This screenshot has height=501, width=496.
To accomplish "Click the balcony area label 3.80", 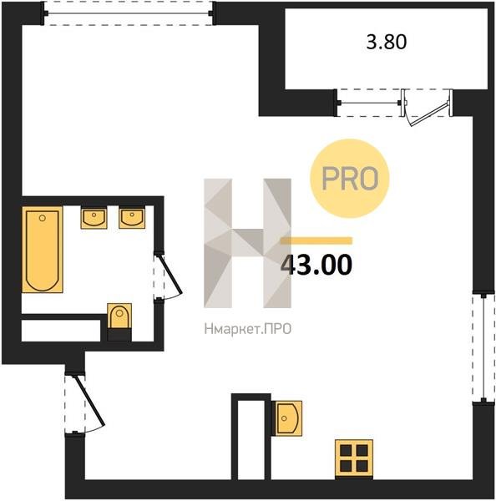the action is click(387, 42).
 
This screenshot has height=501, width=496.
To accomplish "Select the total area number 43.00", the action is click(316, 265).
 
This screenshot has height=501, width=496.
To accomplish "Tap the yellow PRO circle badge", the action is click(350, 179).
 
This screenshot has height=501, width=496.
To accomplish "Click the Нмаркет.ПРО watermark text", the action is click(248, 329).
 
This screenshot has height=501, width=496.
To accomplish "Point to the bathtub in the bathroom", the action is click(43, 250).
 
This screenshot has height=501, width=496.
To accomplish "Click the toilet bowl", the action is click(119, 316).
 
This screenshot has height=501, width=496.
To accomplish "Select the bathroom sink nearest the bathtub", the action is click(94, 219).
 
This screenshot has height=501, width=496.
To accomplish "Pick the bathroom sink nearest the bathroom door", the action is click(132, 218).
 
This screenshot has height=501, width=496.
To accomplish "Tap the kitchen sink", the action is click(287, 418).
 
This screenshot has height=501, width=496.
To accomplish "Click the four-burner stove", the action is click(354, 458).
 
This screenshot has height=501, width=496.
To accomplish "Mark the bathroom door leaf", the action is click(170, 274).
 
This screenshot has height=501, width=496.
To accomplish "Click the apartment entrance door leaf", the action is click(90, 402).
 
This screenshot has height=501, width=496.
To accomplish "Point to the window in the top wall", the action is click(128, 13).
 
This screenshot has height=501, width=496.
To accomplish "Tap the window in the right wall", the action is click(483, 347).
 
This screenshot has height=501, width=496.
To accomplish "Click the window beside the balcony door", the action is click(369, 103).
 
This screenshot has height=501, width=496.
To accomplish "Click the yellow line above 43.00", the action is click(316, 240).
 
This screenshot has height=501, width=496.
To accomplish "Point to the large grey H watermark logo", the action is click(248, 243).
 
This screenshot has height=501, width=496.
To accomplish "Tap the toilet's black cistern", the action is click(119, 335).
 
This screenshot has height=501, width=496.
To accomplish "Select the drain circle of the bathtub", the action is click(43, 218).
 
